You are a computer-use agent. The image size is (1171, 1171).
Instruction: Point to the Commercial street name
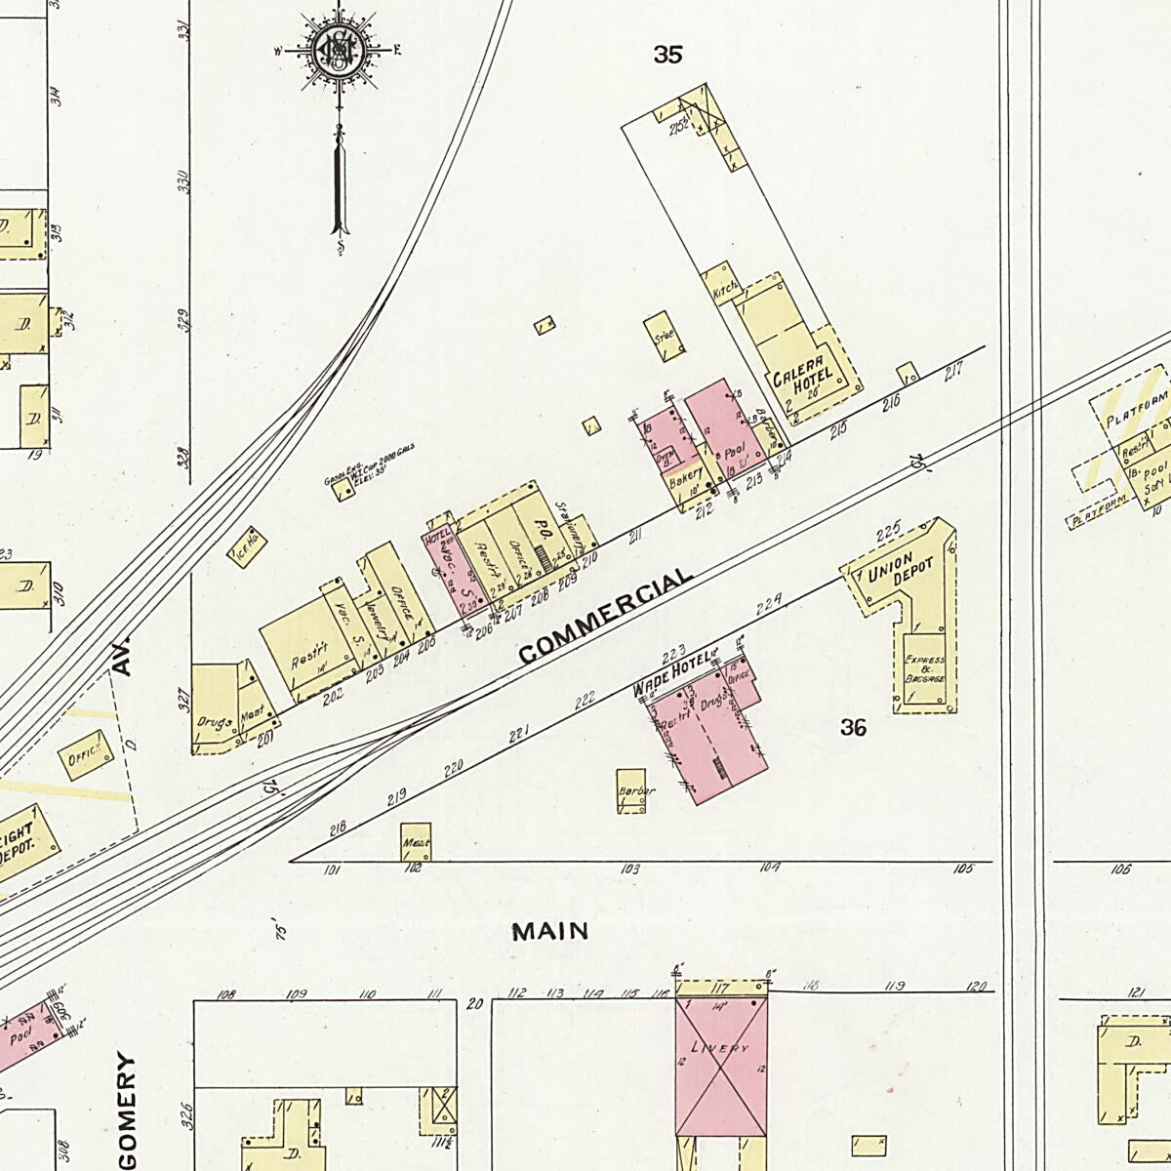[606, 616]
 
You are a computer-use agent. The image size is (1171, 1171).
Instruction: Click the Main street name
[550, 931]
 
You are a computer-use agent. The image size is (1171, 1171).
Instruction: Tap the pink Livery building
[721, 1065]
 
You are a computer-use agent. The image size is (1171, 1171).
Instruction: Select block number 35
[667, 56]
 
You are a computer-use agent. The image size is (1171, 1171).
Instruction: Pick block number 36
[853, 727]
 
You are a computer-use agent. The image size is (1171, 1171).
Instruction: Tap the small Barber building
[633, 795]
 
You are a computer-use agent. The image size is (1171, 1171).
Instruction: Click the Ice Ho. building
[247, 546]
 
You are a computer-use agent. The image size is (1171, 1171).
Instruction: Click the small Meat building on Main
[416, 840]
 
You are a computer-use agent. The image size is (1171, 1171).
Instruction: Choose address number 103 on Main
[630, 868]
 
